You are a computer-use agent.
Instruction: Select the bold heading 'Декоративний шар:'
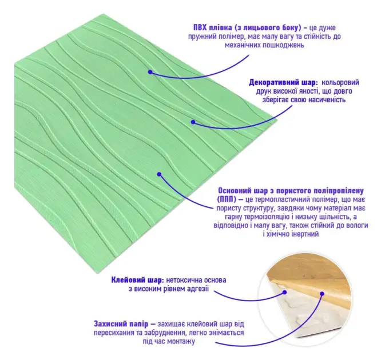[x=283, y=82]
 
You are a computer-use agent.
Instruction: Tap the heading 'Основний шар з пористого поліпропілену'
[x=291, y=191]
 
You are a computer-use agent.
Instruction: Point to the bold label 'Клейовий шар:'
[x=137, y=280]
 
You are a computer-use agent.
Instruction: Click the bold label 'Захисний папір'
[x=121, y=324]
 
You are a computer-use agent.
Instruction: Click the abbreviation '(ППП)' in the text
[x=226, y=199]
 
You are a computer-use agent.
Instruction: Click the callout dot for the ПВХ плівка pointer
[x=150, y=72]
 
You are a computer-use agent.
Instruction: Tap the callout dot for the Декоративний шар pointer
[x=193, y=122]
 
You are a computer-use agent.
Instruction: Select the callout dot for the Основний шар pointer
[x=159, y=174]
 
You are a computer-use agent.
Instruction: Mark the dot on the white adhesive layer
[x=285, y=293]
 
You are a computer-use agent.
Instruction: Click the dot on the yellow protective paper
[x=322, y=294]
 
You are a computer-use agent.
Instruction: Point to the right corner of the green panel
[x=277, y=121]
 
